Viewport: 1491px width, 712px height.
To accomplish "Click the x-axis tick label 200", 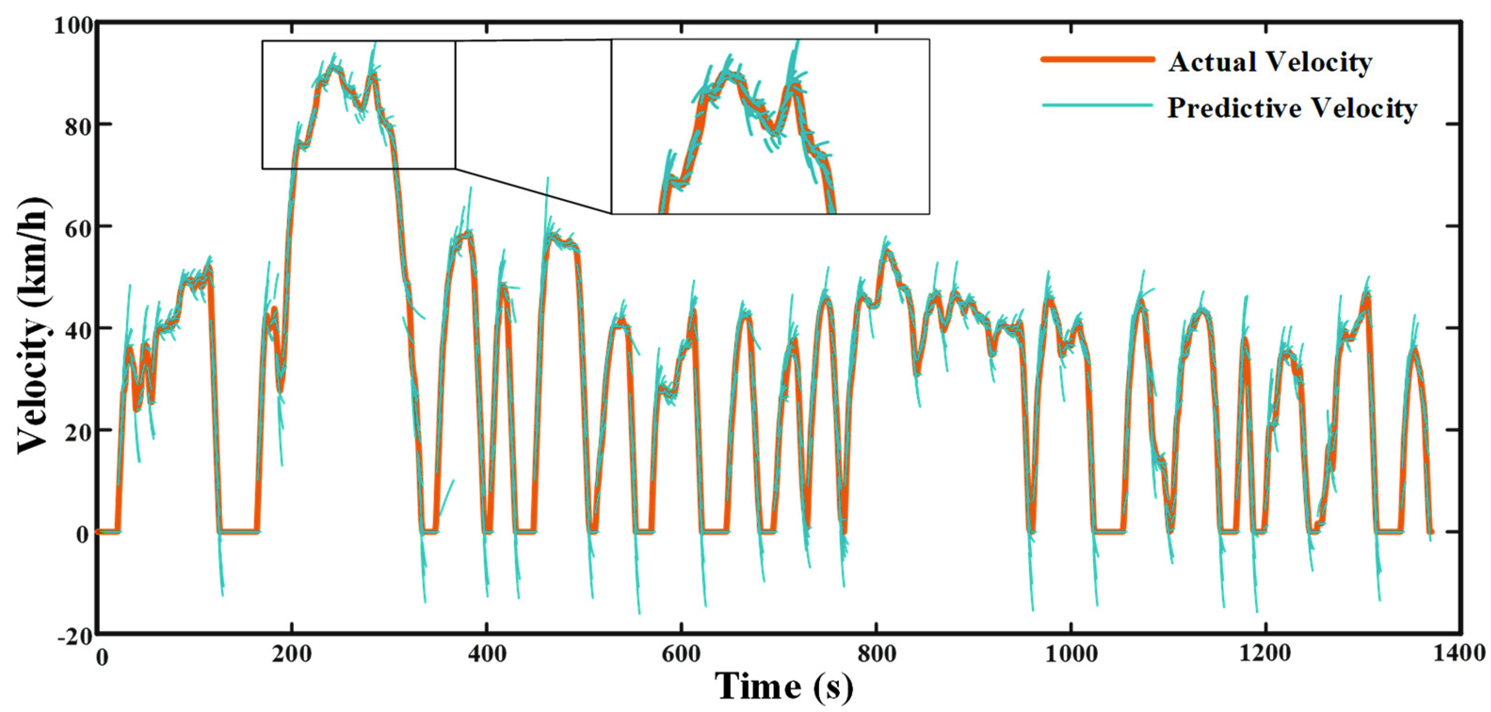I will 292,655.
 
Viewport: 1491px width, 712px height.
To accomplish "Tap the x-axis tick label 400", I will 486,655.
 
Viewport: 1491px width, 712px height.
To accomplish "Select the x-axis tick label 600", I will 681,655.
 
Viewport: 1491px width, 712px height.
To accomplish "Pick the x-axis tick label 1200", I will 1265,654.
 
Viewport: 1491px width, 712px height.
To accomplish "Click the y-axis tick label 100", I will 73,25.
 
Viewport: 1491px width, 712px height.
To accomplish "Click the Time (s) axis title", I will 784,687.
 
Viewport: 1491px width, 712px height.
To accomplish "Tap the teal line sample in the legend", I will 1098,105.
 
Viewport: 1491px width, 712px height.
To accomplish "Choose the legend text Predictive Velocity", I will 1292,108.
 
